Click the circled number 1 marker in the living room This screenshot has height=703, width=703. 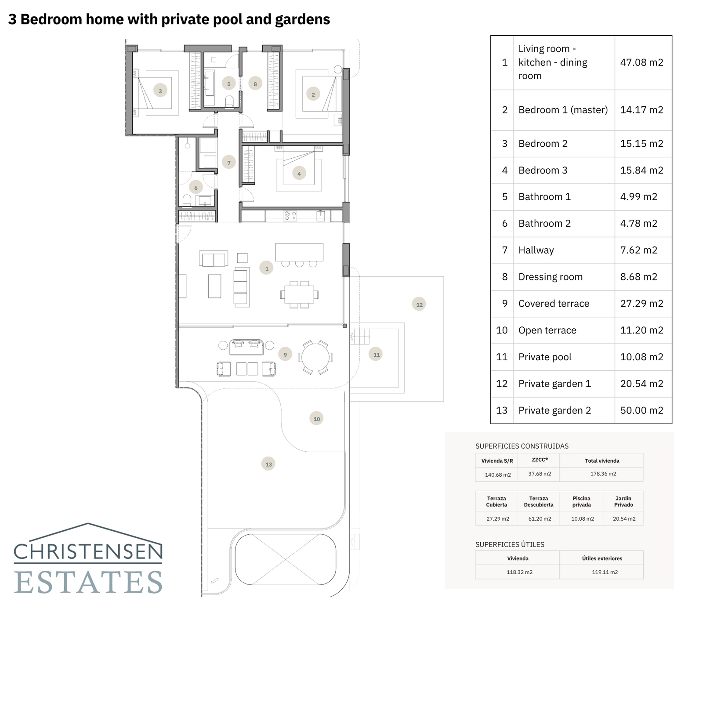[266, 268]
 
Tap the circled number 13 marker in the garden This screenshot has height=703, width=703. [268, 464]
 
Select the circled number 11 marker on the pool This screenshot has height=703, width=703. [376, 354]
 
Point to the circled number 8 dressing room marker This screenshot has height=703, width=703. [255, 83]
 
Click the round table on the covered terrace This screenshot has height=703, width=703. [315, 357]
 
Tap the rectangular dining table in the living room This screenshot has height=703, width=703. [299, 294]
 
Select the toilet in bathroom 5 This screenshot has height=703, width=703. [229, 101]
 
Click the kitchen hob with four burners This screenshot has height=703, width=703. [290, 215]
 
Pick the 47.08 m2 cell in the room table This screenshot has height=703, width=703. [641, 62]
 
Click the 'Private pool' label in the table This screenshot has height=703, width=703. [545, 357]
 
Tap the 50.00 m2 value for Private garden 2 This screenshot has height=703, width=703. [641, 410]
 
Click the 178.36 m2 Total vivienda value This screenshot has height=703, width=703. [603, 474]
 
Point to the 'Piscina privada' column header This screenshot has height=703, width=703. [581, 501]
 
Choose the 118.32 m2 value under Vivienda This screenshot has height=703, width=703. [519, 573]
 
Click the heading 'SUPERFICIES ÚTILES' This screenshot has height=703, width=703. [510, 545]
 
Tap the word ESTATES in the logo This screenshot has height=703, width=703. [88, 583]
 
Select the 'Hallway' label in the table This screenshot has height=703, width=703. [536, 250]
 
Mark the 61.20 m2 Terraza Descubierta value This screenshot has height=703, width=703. [540, 519]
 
